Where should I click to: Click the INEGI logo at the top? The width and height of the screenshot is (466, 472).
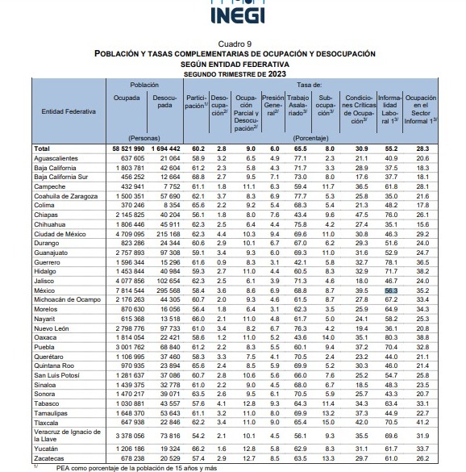point(238,12)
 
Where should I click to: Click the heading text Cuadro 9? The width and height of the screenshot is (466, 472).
point(235,44)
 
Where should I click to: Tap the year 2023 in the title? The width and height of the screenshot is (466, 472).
point(277,74)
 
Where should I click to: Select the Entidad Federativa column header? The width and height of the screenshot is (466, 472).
point(69,111)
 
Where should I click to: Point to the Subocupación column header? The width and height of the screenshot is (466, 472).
point(325,106)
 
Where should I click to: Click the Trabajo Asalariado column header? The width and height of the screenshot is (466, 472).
point(297,106)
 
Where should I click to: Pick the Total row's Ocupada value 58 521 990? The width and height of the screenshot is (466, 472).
point(128,148)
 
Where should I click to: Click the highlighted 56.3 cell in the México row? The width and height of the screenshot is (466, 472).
point(391,290)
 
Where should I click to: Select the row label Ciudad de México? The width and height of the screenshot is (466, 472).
point(60,234)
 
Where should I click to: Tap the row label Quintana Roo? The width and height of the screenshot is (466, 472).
point(54,365)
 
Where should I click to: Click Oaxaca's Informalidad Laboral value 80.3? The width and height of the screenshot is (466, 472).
point(391,337)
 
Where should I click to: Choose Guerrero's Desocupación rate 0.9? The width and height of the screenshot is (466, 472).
point(222,262)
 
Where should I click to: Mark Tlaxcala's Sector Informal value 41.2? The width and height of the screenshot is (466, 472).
point(422,422)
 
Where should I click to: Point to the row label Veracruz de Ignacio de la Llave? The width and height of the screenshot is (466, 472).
point(67,435)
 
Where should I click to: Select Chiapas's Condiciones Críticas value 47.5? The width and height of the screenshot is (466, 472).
point(361,215)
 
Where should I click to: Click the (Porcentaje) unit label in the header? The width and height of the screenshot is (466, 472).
point(310,138)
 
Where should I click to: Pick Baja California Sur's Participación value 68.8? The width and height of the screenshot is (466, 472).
point(198,177)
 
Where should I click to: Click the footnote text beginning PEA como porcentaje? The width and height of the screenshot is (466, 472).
point(136,469)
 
